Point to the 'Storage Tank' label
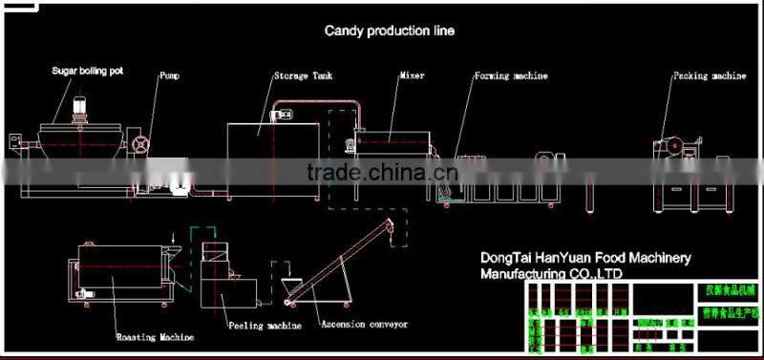coord(300,74)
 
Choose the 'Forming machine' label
coord(512,74)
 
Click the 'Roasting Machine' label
coord(156,337)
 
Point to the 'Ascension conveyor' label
coord(364,325)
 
